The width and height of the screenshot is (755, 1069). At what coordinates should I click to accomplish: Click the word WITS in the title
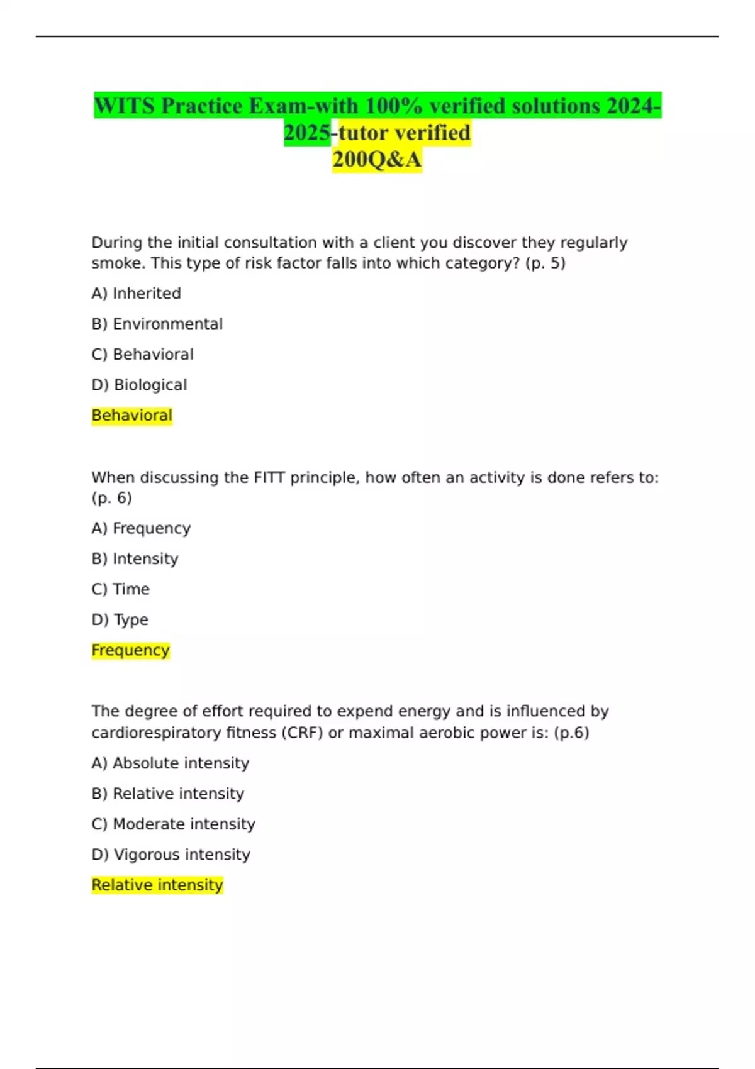(x=125, y=106)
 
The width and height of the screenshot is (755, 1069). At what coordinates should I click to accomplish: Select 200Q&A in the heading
(x=377, y=160)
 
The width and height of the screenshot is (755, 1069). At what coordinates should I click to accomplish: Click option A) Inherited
(x=136, y=294)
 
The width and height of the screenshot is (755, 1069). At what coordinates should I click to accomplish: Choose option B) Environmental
(x=157, y=324)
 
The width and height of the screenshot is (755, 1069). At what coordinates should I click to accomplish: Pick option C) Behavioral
(x=142, y=355)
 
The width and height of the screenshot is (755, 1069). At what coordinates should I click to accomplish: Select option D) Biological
(x=139, y=385)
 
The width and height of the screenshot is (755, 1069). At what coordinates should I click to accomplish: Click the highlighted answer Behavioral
(x=131, y=416)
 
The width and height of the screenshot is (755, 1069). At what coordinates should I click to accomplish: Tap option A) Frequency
(x=141, y=528)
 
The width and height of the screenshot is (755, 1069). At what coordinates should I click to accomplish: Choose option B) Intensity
(x=135, y=559)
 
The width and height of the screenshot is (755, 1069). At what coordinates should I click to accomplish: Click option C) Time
(x=120, y=589)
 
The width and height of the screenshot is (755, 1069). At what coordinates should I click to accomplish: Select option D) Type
(x=120, y=620)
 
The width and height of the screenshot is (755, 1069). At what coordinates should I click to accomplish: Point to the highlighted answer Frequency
(x=130, y=650)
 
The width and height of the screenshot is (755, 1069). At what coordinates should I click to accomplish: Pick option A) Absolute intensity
(x=170, y=763)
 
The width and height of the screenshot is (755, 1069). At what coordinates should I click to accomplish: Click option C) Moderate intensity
(x=173, y=824)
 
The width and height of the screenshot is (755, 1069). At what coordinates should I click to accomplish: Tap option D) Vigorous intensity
(x=171, y=855)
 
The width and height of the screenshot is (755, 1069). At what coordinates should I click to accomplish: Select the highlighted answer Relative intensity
(x=157, y=885)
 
